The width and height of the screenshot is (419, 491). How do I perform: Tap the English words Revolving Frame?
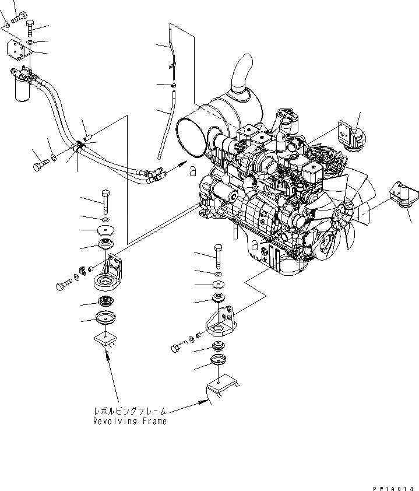[130, 421]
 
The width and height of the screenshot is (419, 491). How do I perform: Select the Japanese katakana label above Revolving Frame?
[130, 410]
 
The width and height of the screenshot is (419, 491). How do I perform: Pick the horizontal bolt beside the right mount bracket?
[177, 348]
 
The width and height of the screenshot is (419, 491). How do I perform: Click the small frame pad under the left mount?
[105, 340]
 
